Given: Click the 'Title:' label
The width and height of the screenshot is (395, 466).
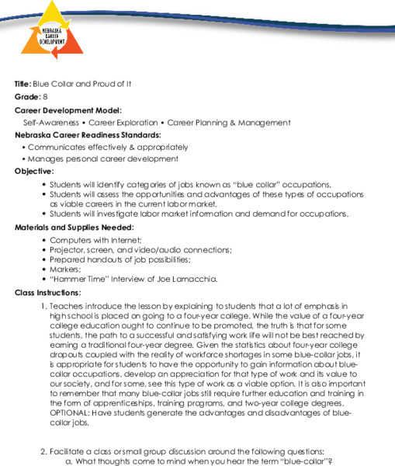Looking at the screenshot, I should [23, 83].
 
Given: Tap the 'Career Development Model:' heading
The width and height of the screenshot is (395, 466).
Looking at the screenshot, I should [68, 110].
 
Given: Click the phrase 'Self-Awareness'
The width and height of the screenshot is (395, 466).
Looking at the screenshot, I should [50, 123].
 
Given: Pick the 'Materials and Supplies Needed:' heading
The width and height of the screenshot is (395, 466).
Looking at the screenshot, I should [74, 228].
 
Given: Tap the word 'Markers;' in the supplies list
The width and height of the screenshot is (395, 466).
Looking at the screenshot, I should [65, 269].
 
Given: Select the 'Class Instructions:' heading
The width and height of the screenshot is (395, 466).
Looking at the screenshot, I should [47, 293].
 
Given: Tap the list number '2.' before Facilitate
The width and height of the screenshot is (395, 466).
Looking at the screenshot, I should [44, 451].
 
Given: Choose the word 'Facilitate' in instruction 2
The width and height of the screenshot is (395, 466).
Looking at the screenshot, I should [69, 451].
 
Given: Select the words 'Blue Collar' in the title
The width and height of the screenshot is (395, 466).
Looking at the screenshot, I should [51, 83].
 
